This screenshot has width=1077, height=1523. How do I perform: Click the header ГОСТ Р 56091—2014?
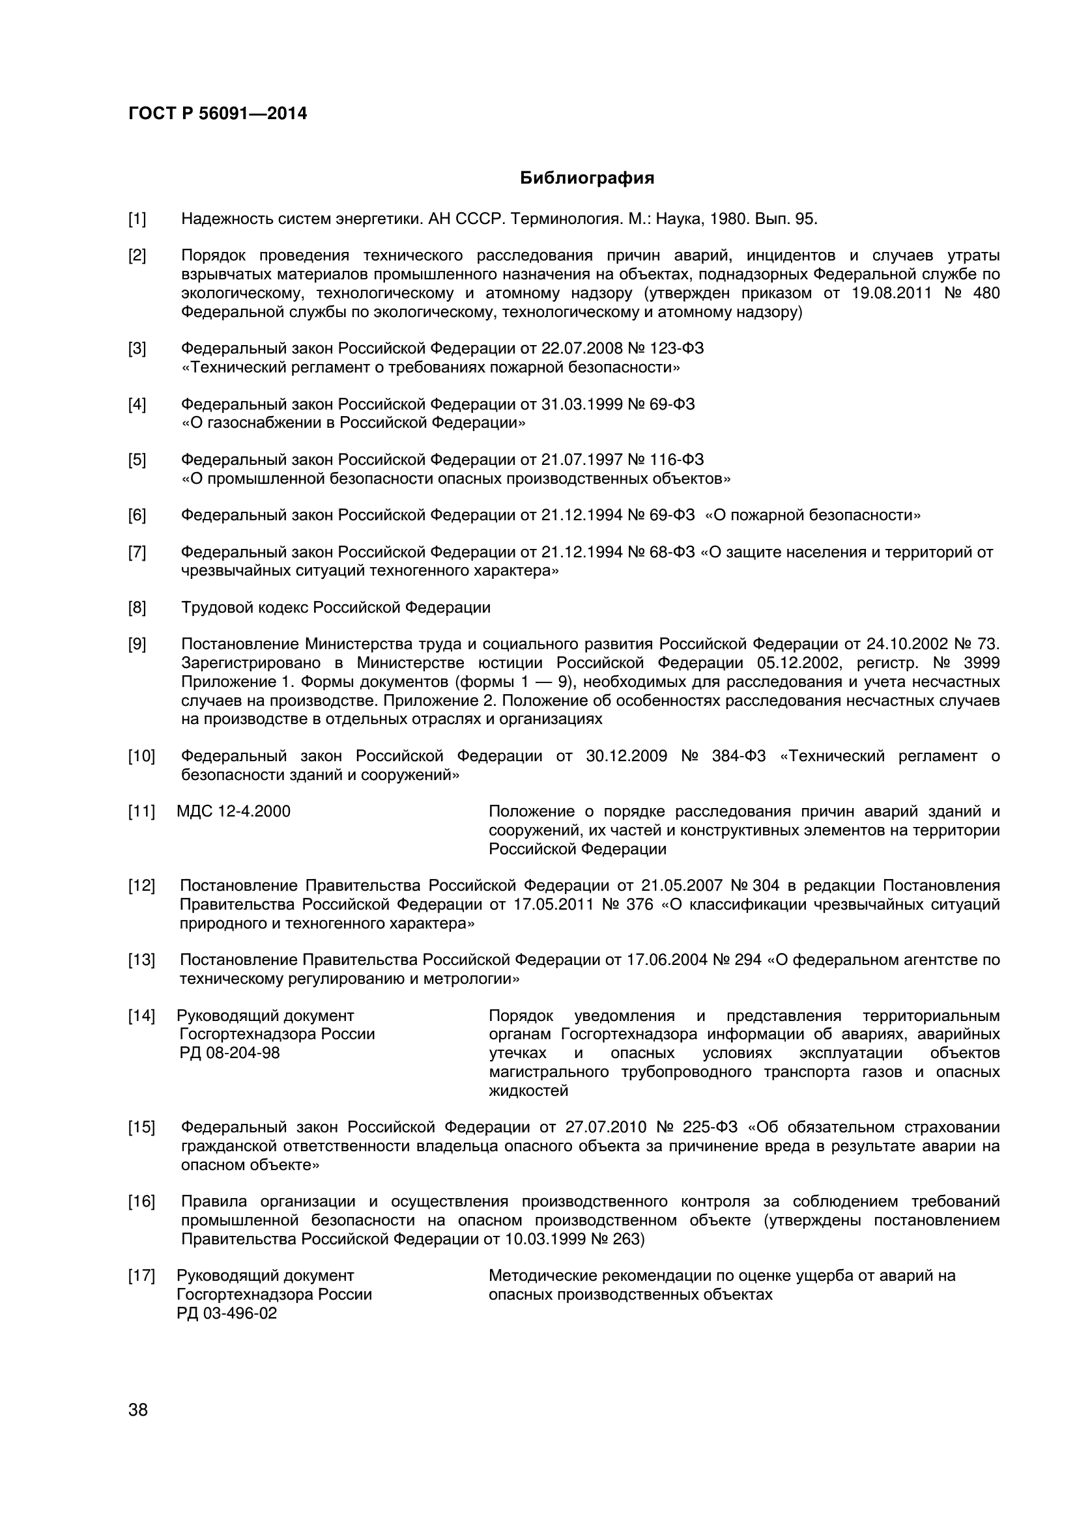coord(217,114)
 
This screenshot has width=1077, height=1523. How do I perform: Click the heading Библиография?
coord(586,178)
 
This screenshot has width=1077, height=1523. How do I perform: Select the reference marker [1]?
coord(137,219)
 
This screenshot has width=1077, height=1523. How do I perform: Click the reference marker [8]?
coord(137,607)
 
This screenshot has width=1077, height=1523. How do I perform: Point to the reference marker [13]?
coord(141,959)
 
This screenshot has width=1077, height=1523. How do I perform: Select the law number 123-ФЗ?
coord(674,348)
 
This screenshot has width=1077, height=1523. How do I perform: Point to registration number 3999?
coord(981,663)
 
